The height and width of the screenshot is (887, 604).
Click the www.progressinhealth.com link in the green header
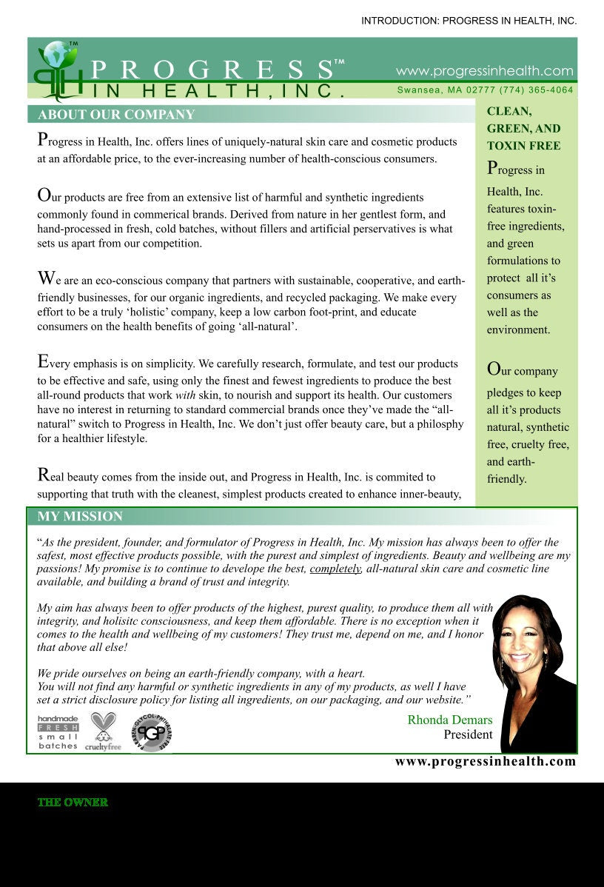click(x=484, y=71)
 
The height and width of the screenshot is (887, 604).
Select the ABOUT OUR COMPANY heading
click(x=116, y=115)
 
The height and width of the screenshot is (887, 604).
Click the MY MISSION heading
click(x=80, y=516)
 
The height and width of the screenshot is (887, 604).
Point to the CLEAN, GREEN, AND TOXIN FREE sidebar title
click(x=523, y=128)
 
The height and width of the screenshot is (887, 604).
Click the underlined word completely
click(x=335, y=569)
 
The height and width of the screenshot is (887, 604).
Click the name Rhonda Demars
click(x=449, y=720)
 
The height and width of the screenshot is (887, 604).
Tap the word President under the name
click(x=468, y=734)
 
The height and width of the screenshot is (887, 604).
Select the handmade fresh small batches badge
click(x=58, y=732)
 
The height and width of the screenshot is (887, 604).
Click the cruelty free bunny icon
click(x=103, y=732)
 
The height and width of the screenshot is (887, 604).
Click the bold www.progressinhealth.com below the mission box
click(x=485, y=761)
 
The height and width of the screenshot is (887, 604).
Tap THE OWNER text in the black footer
click(x=73, y=803)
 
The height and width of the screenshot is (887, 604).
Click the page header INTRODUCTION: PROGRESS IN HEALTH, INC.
click(x=469, y=21)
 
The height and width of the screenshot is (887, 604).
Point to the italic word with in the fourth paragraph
click(x=184, y=396)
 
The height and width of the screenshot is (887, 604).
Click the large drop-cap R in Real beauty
click(x=44, y=474)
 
